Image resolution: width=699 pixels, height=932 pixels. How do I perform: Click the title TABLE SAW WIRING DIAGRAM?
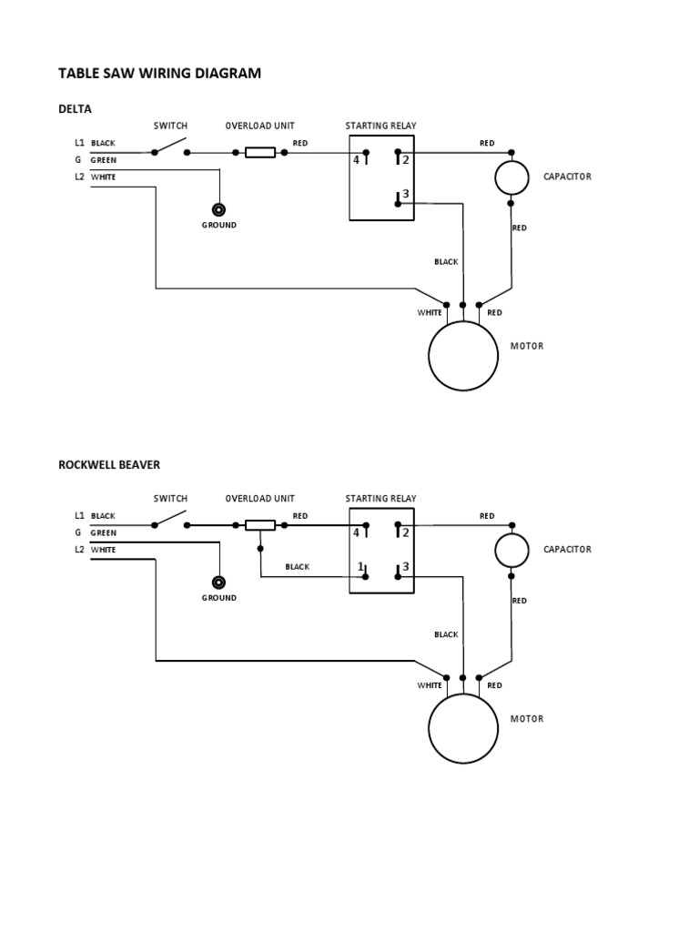click(x=159, y=73)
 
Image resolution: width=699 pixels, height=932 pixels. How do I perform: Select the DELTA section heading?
click(x=75, y=109)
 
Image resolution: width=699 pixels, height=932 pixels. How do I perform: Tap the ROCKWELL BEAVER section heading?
click(x=108, y=464)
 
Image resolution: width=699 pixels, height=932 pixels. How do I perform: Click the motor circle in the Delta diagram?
click(x=463, y=355)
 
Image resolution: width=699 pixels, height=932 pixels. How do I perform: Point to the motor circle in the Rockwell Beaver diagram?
click(x=463, y=728)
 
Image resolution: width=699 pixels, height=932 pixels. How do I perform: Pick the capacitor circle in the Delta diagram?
click(x=512, y=177)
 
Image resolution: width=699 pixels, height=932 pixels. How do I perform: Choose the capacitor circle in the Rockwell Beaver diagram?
click(x=512, y=550)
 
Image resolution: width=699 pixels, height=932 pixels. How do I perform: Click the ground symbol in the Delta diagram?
click(x=218, y=209)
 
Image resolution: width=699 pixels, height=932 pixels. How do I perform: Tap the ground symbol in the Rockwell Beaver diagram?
click(x=218, y=582)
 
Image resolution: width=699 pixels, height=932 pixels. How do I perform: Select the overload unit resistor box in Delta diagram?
click(x=260, y=152)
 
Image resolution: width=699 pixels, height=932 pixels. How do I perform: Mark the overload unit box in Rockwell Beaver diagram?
click(x=260, y=525)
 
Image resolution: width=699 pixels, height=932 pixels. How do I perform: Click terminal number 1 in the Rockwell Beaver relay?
click(x=360, y=567)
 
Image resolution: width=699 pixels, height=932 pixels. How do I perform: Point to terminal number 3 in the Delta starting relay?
click(x=406, y=195)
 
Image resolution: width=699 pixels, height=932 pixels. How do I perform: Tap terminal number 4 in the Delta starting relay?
click(x=357, y=160)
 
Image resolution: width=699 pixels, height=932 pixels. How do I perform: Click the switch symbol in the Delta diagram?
click(x=170, y=148)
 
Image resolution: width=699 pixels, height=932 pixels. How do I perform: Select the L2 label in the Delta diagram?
click(x=79, y=177)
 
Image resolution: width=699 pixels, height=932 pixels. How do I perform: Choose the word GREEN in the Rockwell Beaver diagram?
click(x=103, y=533)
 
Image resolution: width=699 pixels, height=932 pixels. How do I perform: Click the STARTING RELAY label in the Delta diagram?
click(x=380, y=126)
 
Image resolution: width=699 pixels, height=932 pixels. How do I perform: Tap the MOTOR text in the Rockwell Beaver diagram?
click(x=527, y=719)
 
